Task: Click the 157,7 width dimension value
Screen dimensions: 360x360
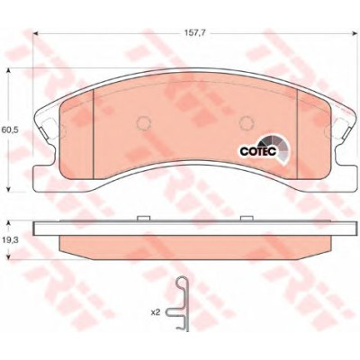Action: (x=195, y=33)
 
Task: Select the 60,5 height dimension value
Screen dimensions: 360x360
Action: (x=10, y=130)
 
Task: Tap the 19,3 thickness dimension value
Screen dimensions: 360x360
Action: (x=8, y=240)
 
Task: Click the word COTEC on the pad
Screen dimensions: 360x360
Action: (x=258, y=151)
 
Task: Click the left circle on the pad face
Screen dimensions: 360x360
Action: (x=143, y=122)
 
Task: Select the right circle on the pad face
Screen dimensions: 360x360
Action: (x=247, y=122)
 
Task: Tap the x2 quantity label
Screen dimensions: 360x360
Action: (x=155, y=312)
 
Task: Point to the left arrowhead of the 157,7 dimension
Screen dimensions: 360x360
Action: (x=36, y=33)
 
